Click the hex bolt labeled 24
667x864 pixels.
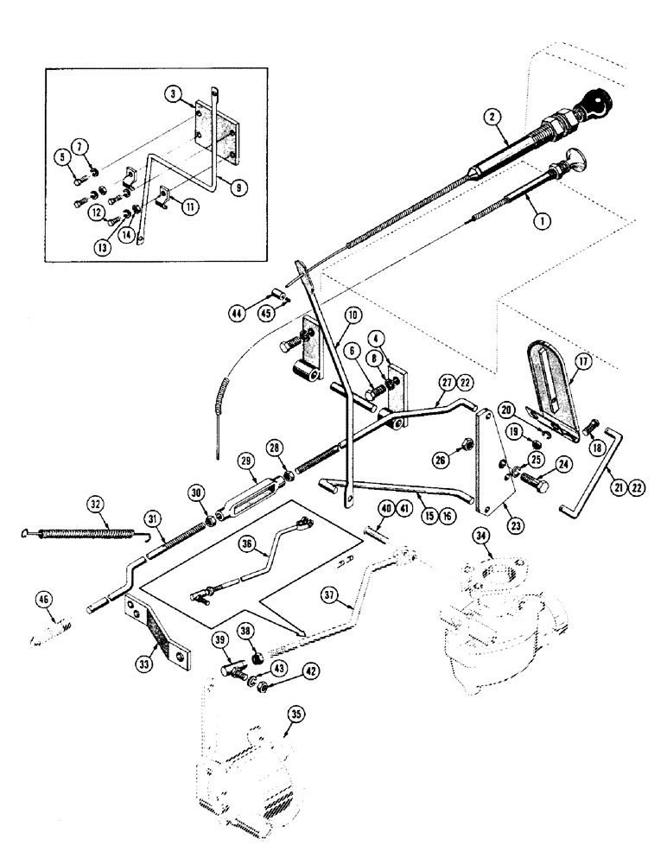530,474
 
